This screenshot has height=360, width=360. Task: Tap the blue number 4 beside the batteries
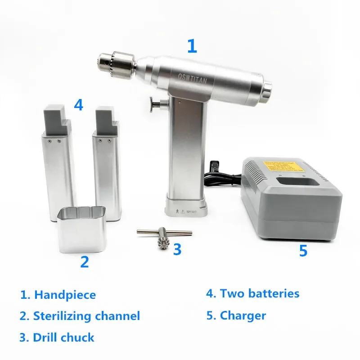click(79, 105)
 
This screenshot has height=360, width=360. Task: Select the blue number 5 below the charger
click(303, 251)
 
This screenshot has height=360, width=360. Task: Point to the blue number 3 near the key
click(177, 248)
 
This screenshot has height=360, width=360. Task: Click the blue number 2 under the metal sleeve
click(85, 261)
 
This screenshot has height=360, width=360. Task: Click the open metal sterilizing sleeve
click(81, 229)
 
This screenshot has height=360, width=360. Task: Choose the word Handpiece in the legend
click(65, 295)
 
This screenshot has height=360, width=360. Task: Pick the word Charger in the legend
click(243, 315)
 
